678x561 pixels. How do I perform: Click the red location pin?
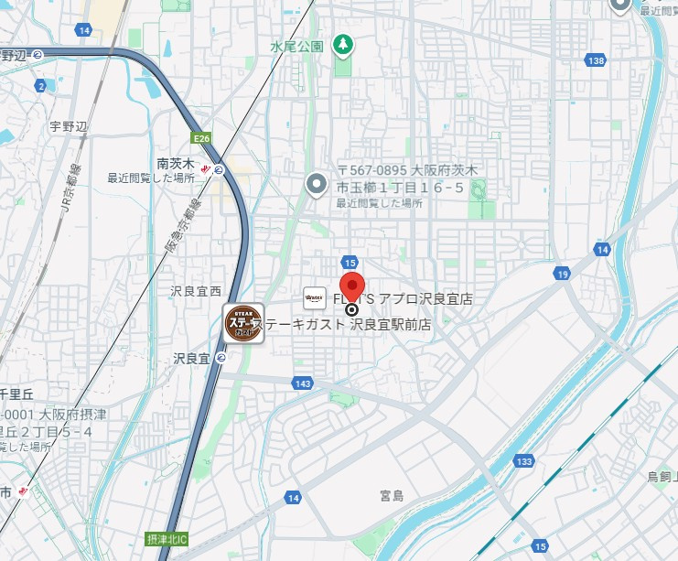pos(352,286)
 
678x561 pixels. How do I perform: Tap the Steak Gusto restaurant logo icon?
pos(244,323)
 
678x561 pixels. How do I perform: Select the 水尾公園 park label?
pos(297,46)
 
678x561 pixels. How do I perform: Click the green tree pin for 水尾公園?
pos(344,44)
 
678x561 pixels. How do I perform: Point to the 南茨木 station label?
pos(176,164)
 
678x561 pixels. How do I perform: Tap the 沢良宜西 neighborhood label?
pos(196,291)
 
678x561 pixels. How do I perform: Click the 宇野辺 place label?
pos(68,126)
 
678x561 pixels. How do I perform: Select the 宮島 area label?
pos(392,495)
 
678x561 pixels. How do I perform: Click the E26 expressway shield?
pos(202,138)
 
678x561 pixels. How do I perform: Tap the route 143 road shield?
pos(303,383)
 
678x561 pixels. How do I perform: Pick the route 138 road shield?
pos(597,60)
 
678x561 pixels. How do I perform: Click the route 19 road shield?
pos(562,274)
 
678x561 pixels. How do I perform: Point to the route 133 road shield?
pos(522,460)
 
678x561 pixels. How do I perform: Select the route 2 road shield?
pos(40,86)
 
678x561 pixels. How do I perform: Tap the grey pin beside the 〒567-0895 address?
pos(317,186)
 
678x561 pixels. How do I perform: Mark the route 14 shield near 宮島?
pos(293,498)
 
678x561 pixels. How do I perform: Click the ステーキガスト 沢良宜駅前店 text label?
pos(347,324)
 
